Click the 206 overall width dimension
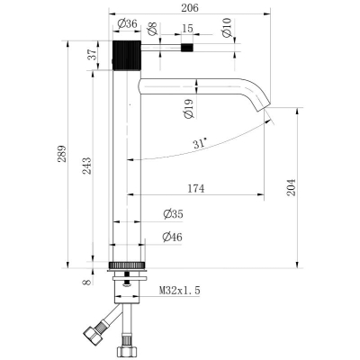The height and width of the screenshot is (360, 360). click(x=190, y=8)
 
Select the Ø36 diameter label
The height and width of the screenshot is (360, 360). click(x=127, y=23)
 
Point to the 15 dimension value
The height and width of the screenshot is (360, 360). click(x=187, y=29)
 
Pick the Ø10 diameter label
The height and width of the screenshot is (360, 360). click(x=227, y=28)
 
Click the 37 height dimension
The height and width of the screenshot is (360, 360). click(x=93, y=54)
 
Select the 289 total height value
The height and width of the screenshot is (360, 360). click(x=61, y=154)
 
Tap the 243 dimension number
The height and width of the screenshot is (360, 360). click(x=86, y=166)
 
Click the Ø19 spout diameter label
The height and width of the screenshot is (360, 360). click(x=188, y=109)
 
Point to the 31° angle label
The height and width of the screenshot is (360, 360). click(x=200, y=143)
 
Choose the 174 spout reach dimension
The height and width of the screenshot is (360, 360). click(x=196, y=189)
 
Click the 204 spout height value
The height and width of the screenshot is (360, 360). click(x=291, y=187)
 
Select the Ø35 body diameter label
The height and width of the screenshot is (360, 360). click(x=173, y=214)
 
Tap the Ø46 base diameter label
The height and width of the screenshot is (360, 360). click(x=172, y=237)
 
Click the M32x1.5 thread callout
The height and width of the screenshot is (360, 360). click(x=179, y=291)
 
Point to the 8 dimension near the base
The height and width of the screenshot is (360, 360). click(x=87, y=282)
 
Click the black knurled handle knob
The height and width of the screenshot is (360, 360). click(x=127, y=55)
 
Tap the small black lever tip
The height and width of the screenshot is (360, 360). click(x=187, y=48)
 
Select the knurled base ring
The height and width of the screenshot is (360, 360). click(x=127, y=265)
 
